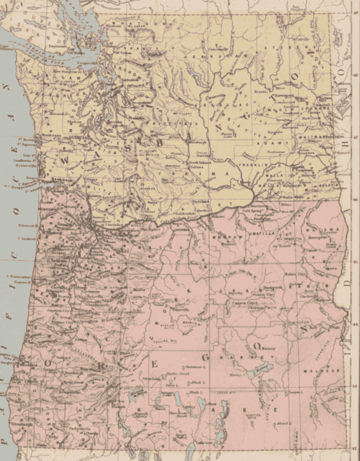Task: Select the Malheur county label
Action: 316,371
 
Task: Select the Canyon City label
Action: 245,303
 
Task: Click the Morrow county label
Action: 235,236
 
